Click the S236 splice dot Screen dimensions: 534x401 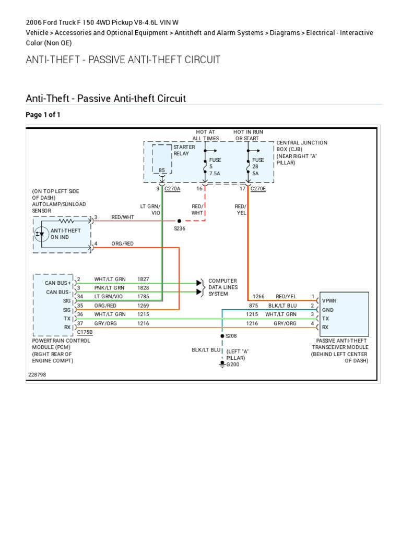179,221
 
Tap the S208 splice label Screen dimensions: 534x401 231,336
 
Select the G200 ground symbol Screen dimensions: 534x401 222,364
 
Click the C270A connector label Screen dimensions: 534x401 172,189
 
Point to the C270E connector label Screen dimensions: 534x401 257,189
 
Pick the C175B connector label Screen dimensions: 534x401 85,332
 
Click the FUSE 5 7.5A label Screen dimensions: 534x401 215,166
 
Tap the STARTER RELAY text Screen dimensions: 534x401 184,151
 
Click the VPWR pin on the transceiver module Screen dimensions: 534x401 329,301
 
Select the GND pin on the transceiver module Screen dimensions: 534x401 327,310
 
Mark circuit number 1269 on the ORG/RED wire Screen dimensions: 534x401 143,306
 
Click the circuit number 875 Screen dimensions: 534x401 254,306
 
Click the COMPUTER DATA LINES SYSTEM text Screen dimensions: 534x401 223,287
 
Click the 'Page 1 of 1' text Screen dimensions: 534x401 43,115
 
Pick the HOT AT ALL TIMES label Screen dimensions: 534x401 205,135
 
